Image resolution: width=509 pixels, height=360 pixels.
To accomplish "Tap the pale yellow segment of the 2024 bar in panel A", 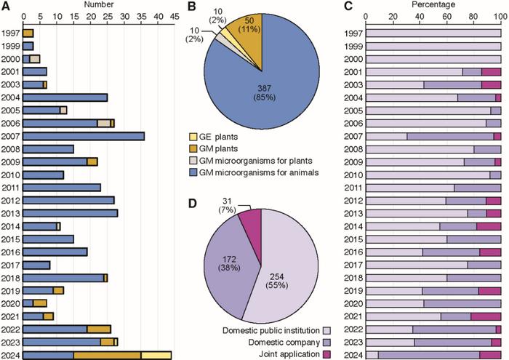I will (156, 354).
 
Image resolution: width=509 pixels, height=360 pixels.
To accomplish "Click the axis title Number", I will (98, 5).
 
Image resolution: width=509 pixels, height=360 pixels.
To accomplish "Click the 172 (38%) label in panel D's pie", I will (216, 260).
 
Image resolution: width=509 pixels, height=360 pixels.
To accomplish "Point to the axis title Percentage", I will (434, 5).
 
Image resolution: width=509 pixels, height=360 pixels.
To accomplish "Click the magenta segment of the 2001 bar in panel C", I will (492, 72).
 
